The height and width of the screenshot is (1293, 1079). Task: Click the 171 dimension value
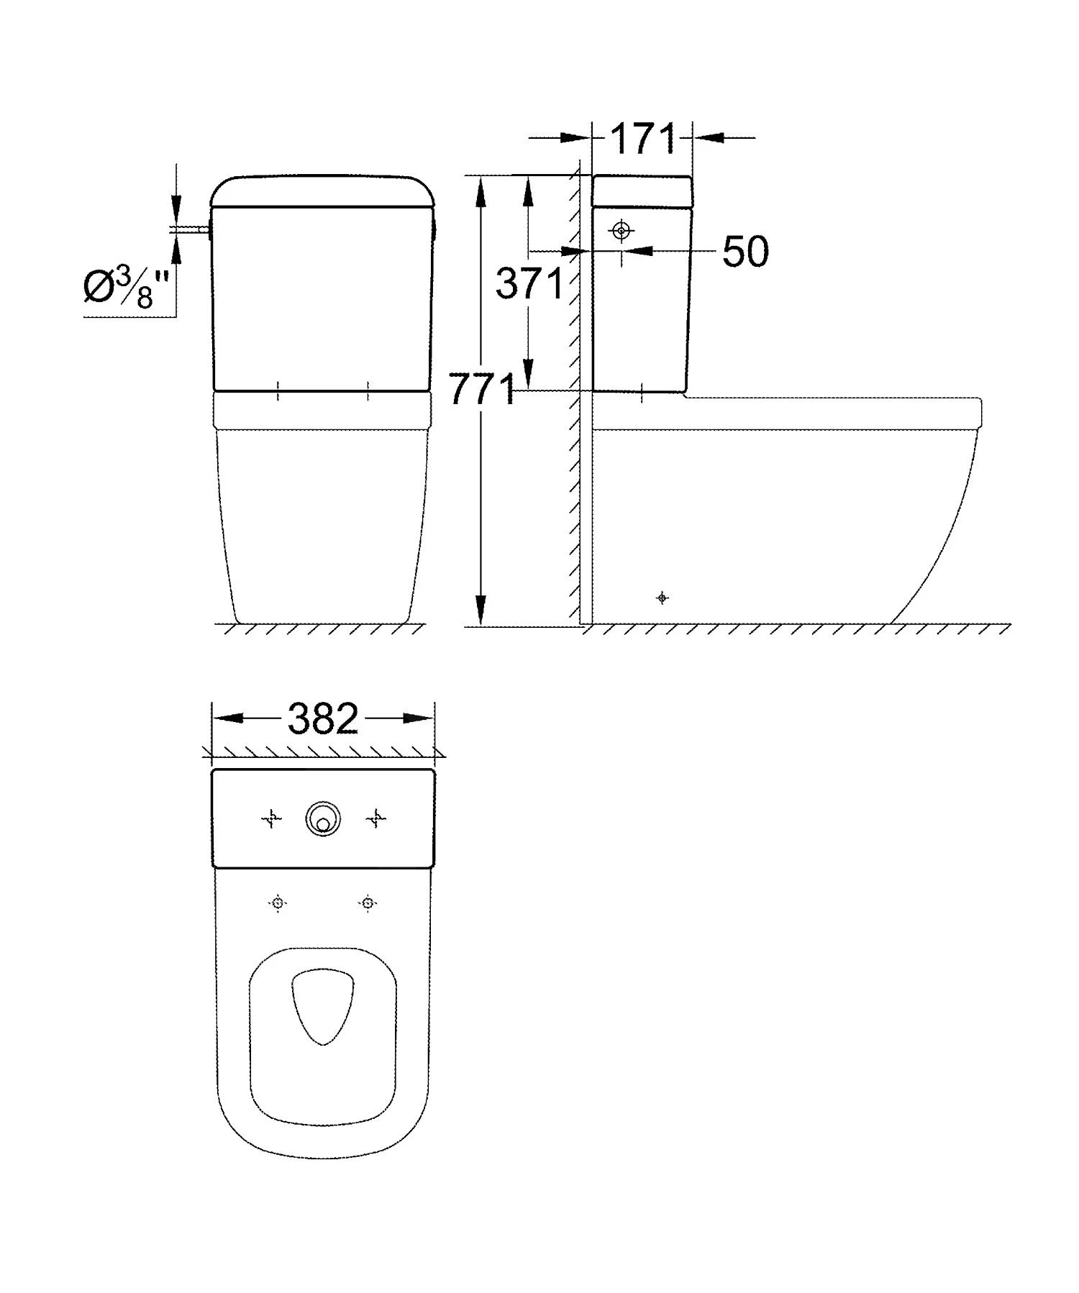643,139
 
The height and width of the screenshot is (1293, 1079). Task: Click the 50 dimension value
745,252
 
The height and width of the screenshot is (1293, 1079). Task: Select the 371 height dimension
529,284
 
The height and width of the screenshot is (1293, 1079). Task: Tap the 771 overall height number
481,390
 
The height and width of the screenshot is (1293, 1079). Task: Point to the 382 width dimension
323,718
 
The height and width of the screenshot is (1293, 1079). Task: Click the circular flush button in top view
323,819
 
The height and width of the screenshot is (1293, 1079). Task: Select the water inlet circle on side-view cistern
621,231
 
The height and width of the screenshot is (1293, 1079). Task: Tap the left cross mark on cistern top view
271,818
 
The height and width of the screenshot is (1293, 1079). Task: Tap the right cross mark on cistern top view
376,818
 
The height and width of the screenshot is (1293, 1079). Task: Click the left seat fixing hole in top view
278,903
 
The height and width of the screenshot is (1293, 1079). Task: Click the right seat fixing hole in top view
368,903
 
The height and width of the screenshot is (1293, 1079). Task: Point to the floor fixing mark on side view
663,598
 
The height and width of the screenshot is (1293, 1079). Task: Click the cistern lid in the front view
323,190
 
